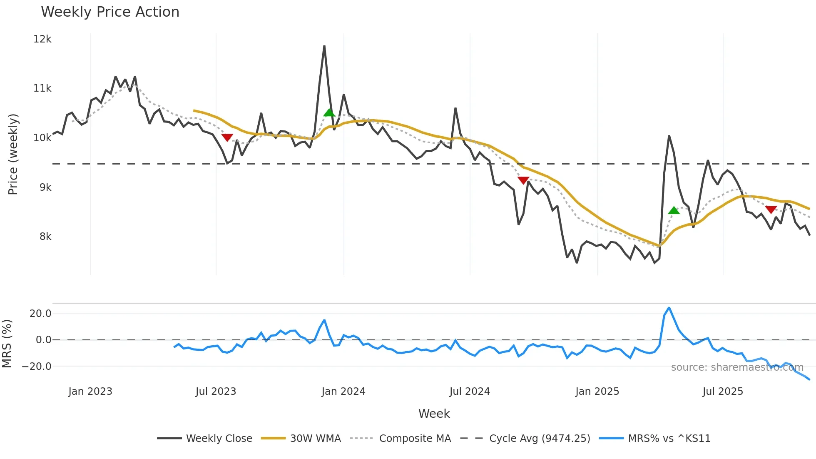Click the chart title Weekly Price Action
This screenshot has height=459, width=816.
click(x=110, y=12)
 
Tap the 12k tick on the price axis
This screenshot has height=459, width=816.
click(x=42, y=39)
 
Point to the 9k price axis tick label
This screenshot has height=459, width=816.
click(x=45, y=187)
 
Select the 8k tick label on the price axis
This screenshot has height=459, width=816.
click(x=45, y=237)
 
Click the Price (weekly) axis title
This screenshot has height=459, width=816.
click(x=13, y=154)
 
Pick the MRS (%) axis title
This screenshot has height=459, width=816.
click(x=7, y=344)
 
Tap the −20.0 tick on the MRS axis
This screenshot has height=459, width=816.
click(x=37, y=367)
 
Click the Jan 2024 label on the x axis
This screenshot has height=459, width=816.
click(x=343, y=392)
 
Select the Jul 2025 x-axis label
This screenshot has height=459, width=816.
click(x=723, y=392)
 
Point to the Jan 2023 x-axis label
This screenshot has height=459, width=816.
click(x=90, y=392)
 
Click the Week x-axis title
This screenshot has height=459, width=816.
click(x=434, y=414)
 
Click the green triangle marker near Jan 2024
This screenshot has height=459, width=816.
click(x=329, y=112)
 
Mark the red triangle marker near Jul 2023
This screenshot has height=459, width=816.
click(x=227, y=137)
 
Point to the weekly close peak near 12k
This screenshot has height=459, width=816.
click(x=324, y=46)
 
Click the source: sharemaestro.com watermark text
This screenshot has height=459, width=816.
click(x=737, y=367)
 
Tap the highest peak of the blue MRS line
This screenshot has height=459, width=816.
click(x=669, y=308)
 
